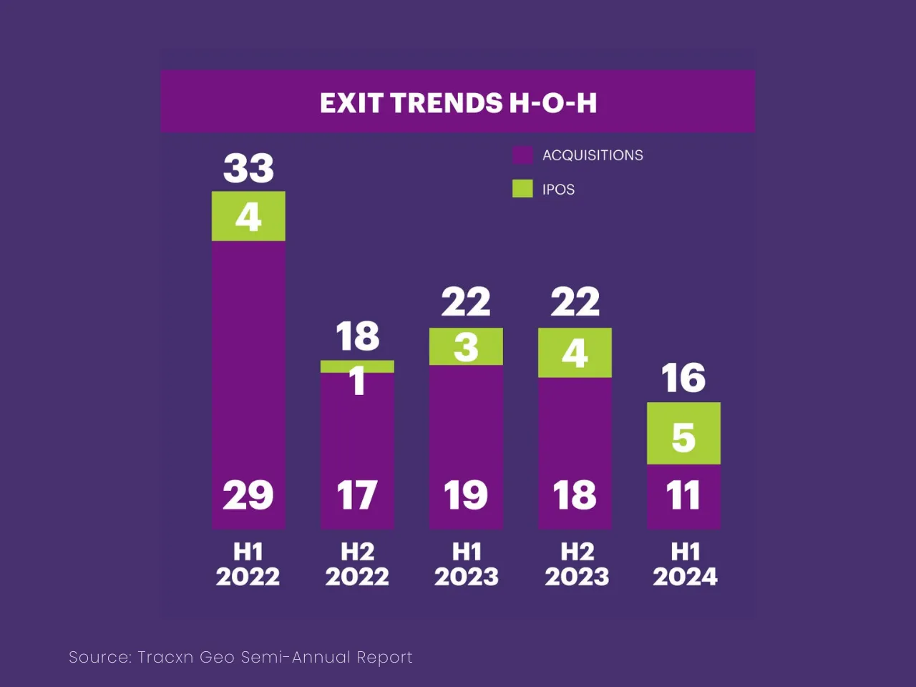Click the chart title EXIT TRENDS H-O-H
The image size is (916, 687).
tap(458, 103)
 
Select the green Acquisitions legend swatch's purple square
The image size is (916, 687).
tap(522, 155)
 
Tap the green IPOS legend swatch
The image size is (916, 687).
tap(522, 189)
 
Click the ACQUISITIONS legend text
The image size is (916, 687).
tap(593, 155)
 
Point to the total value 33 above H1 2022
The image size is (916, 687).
tap(248, 169)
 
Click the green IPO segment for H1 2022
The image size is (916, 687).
tap(248, 216)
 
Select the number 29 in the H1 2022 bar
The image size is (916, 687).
tap(248, 495)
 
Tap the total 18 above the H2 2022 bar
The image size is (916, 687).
tap(357, 336)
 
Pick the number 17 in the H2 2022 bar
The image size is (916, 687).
tap(357, 495)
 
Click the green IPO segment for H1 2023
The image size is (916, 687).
tap(466, 347)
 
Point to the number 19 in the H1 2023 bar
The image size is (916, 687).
tap(466, 495)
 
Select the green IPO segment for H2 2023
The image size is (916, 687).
tap(575, 353)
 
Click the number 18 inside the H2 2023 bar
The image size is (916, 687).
tap(575, 495)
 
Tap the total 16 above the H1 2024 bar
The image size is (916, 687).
tap(683, 378)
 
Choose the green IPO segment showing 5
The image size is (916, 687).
tap(683, 434)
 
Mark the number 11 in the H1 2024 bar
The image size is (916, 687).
tap(683, 495)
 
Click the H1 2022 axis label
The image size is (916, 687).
tap(248, 564)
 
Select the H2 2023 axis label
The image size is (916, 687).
tap(577, 564)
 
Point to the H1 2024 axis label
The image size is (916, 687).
tap(685, 564)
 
